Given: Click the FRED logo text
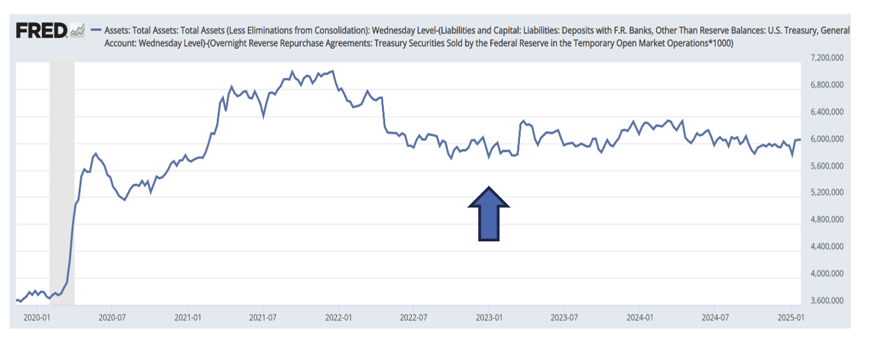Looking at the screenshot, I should click(41, 30).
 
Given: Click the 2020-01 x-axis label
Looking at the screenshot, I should click(37, 317).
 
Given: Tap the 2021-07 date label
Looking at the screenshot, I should click(263, 317).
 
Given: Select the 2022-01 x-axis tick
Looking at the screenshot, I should click(338, 317).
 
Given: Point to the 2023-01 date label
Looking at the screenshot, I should click(489, 317).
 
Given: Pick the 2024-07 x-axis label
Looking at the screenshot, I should click(715, 317).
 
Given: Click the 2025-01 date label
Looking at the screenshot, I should click(790, 317).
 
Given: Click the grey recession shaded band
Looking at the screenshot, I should click(61, 181).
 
